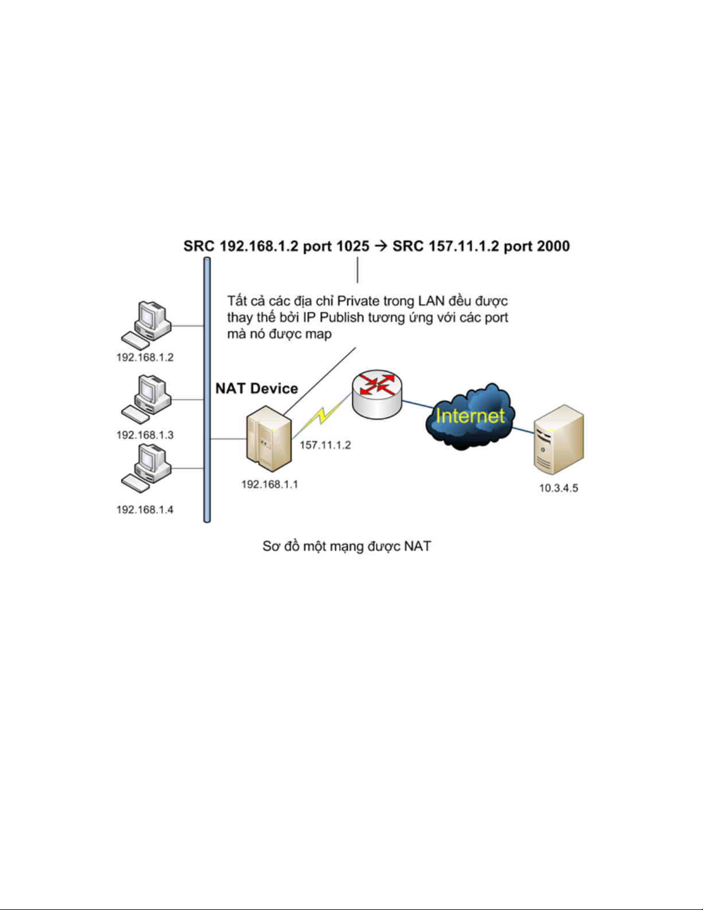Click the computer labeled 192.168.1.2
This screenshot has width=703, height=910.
146,326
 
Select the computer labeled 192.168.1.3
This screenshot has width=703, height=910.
146,400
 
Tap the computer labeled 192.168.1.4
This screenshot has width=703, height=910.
146,468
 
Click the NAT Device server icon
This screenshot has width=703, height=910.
269,439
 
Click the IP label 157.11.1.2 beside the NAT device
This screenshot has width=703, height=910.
325,445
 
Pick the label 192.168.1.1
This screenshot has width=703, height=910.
270,485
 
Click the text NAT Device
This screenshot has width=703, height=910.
257,389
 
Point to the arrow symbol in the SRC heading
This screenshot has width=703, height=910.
381,246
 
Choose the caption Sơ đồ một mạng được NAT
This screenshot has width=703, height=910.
347,547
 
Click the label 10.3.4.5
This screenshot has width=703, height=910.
558,488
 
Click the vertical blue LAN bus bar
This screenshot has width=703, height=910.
207,390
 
